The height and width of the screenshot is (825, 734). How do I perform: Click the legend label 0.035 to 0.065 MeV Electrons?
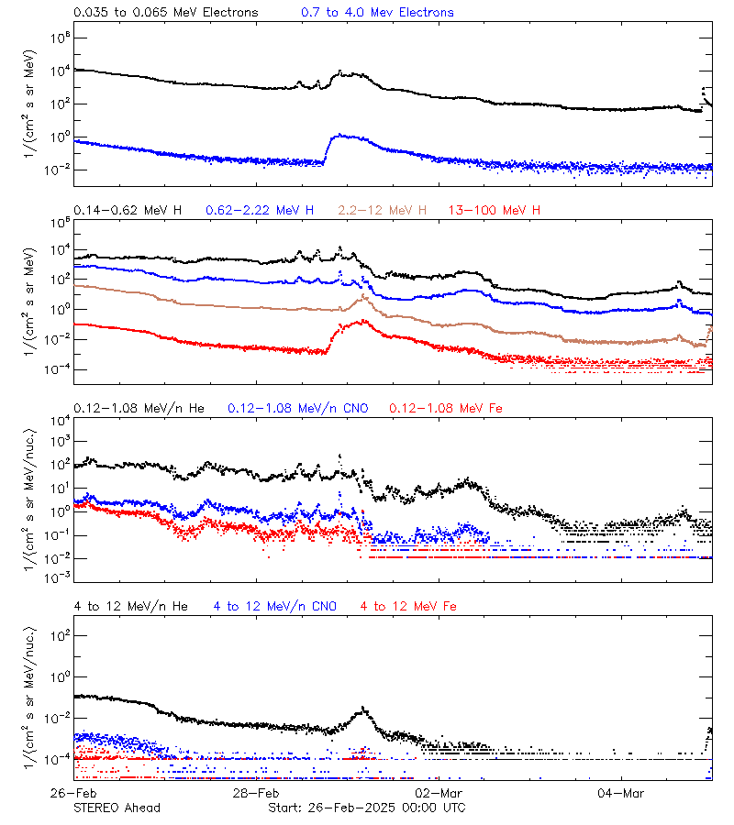pos(166,13)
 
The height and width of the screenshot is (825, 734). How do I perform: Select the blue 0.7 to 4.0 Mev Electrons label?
pos(377,13)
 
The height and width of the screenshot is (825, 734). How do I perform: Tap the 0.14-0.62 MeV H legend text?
pos(128,211)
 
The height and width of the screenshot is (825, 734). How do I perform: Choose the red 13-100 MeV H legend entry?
pos(495,211)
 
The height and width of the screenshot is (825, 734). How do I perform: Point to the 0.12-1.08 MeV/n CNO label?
pos(297,408)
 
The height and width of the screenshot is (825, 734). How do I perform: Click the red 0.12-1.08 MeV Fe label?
pos(446,408)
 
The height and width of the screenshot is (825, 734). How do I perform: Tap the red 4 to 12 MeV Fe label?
pos(408,606)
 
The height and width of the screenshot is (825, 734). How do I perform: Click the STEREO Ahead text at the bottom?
pos(117,808)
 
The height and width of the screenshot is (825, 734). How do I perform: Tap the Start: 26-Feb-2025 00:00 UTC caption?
pos(366,808)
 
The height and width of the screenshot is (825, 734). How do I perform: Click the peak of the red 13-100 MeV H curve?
pos(363,321)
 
